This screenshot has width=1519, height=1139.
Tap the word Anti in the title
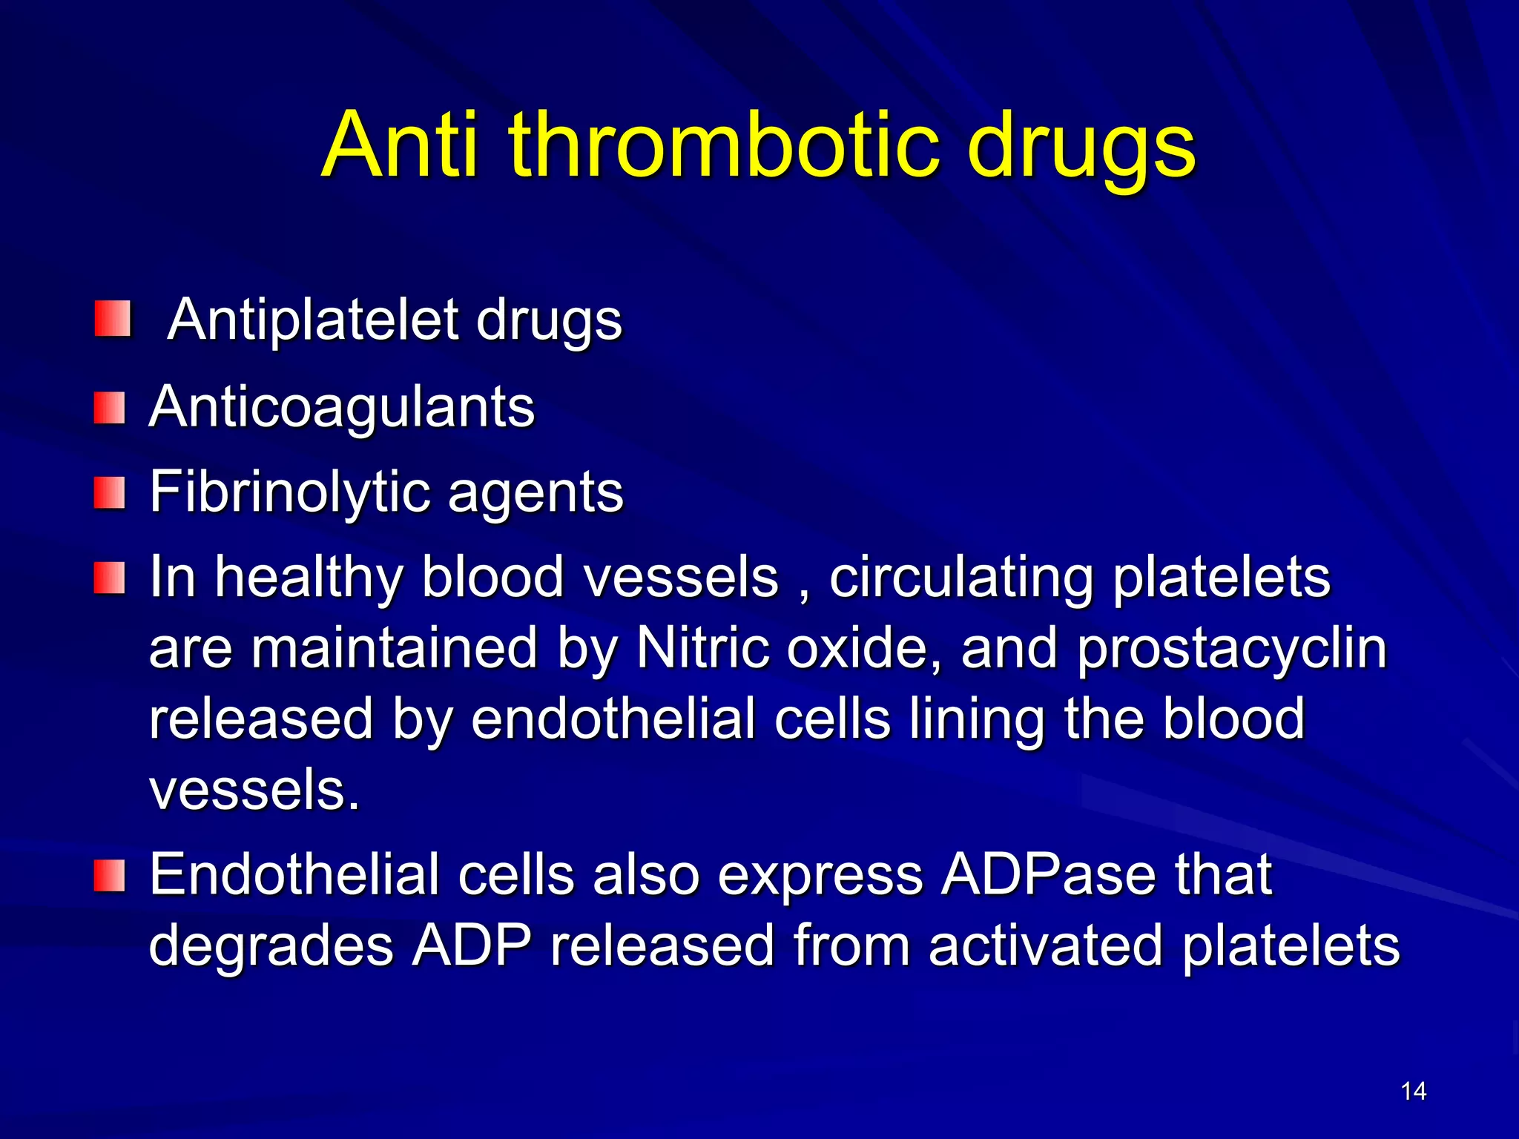(x=401, y=145)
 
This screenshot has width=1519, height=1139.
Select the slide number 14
(x=1414, y=1091)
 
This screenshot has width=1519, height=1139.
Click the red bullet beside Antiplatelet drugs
(x=113, y=318)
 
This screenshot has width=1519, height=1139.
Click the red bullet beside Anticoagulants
(x=110, y=409)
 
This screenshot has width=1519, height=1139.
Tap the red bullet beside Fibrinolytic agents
(x=110, y=493)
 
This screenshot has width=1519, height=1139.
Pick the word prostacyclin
(x=1232, y=648)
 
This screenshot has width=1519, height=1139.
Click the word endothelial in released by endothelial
(x=613, y=719)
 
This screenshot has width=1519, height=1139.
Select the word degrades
(x=271, y=945)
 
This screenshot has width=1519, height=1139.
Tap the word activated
(x=1045, y=945)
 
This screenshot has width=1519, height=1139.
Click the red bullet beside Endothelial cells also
(x=110, y=876)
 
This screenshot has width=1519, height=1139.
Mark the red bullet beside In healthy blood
(x=110, y=578)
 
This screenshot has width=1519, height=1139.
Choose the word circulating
(x=961, y=578)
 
